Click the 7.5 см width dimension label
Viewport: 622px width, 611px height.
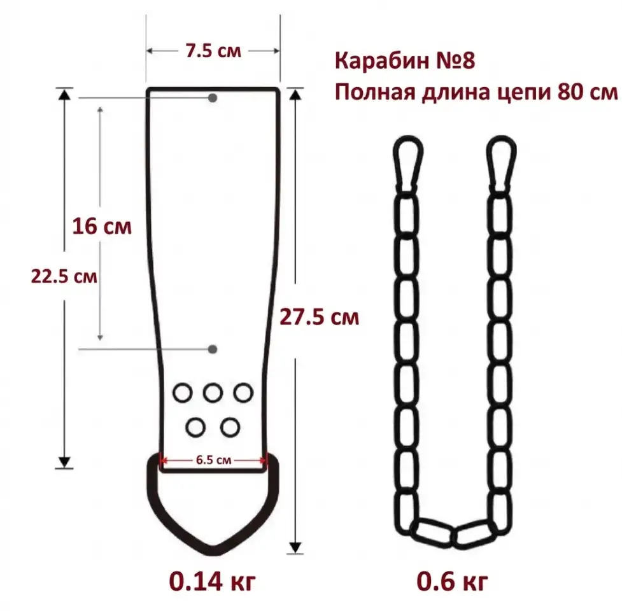click(x=213, y=51)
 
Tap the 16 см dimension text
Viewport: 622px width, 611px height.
click(x=102, y=227)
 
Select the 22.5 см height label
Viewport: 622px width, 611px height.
click(x=64, y=276)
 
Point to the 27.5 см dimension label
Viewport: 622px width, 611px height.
click(x=320, y=317)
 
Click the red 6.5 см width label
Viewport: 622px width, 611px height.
click(x=213, y=460)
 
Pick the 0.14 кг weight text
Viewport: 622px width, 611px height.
click(x=213, y=582)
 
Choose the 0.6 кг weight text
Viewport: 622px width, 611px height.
click(x=452, y=582)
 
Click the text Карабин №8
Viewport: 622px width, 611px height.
click(x=405, y=60)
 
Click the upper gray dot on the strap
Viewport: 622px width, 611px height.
click(x=213, y=97)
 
